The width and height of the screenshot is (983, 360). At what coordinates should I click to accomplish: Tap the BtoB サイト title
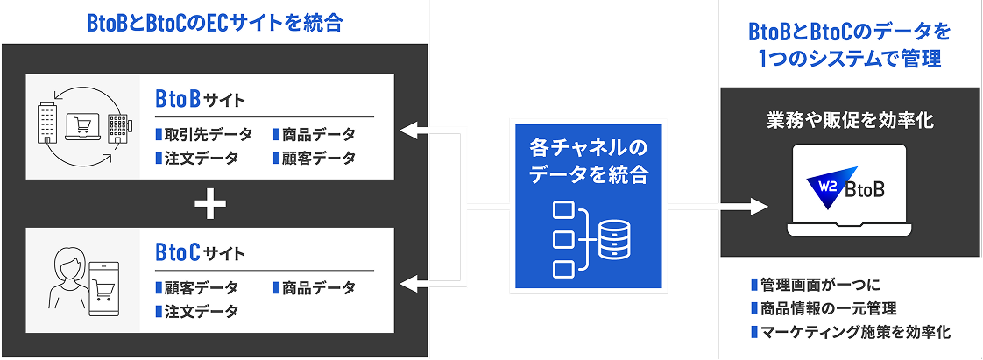pyautogui.click(x=200, y=99)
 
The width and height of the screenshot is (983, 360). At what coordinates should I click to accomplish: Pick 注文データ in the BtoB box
pyautogui.click(x=201, y=158)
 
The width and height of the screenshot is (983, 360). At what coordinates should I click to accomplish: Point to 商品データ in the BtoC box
pyautogui.click(x=318, y=287)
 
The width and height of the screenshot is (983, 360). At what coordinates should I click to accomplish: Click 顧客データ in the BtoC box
pyautogui.click(x=201, y=287)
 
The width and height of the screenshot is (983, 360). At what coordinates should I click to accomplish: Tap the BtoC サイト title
pyautogui.click(x=200, y=252)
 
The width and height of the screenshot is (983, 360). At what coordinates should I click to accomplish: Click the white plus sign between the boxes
pyautogui.click(x=210, y=206)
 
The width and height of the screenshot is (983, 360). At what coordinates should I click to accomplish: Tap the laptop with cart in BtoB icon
pyautogui.click(x=81, y=129)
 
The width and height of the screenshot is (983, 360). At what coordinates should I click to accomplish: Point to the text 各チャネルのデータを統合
pyautogui.click(x=589, y=160)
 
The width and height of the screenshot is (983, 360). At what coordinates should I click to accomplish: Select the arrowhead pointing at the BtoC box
pyautogui.click(x=408, y=282)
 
